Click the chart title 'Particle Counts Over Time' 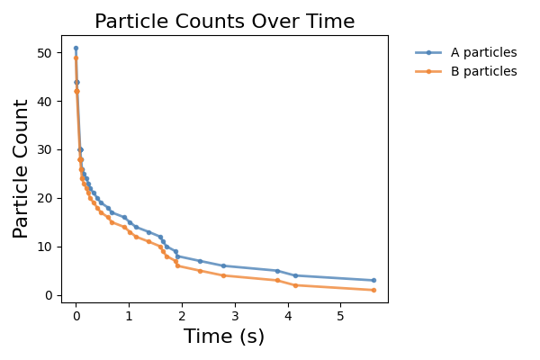(x=224, y=22)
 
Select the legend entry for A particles (x=466, y=53)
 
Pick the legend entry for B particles (x=466, y=71)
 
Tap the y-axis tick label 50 (x=45, y=53)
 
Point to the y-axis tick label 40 (x=45, y=102)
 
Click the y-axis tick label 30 (x=45, y=150)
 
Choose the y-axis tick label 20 (x=45, y=199)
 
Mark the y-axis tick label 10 (x=45, y=247)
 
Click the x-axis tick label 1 (x=129, y=316)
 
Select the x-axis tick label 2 (x=182, y=316)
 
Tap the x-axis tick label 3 (x=235, y=316)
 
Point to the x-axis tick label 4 (x=288, y=316)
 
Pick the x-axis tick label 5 (x=340, y=316)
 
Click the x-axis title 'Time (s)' (x=224, y=337)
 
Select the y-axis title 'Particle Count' (x=21, y=169)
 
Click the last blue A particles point (x=374, y=281)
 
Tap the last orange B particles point (x=374, y=290)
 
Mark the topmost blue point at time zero (x=76, y=49)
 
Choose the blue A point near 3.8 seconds (x=277, y=271)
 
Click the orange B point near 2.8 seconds (x=223, y=275)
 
